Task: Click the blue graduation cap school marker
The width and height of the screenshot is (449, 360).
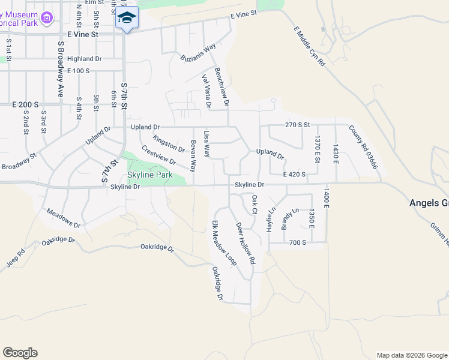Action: (x=127, y=18)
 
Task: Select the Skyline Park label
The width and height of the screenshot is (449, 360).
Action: (x=150, y=175)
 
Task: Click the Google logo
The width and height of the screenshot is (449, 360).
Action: (x=20, y=353)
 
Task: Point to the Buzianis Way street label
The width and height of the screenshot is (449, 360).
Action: (x=198, y=53)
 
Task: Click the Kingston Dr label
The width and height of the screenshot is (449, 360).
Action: (x=169, y=143)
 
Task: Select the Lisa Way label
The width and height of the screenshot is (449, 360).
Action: (x=206, y=145)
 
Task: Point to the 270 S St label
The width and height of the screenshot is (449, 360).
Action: (x=297, y=125)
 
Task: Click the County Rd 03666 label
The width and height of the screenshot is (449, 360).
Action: (x=363, y=146)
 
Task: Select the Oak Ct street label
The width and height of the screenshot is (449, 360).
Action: (x=255, y=204)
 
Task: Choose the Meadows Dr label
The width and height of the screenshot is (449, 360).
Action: (x=64, y=218)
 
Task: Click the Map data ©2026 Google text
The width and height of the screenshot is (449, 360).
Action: (x=411, y=355)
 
